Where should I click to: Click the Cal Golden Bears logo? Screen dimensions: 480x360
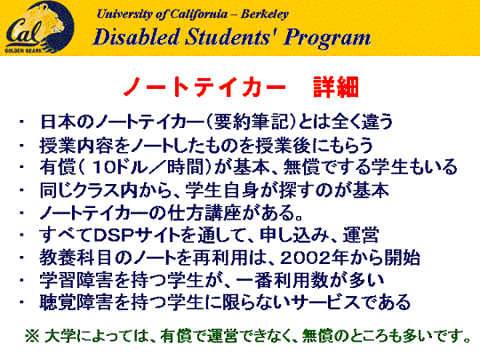39,27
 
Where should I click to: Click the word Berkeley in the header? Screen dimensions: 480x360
265,14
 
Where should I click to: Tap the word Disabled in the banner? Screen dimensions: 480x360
136,37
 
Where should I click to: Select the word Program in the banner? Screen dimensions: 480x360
327,38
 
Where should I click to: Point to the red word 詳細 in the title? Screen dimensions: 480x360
336,87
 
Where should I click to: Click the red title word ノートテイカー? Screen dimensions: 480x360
204,87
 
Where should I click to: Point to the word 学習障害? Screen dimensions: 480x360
76,280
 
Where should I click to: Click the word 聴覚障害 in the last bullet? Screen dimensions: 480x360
76,302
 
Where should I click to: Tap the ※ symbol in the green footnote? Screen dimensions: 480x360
32,336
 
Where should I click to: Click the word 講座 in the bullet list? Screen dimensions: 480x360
223,212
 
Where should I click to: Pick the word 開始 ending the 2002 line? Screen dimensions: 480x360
402,258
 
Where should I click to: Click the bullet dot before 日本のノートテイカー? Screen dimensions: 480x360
21,122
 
